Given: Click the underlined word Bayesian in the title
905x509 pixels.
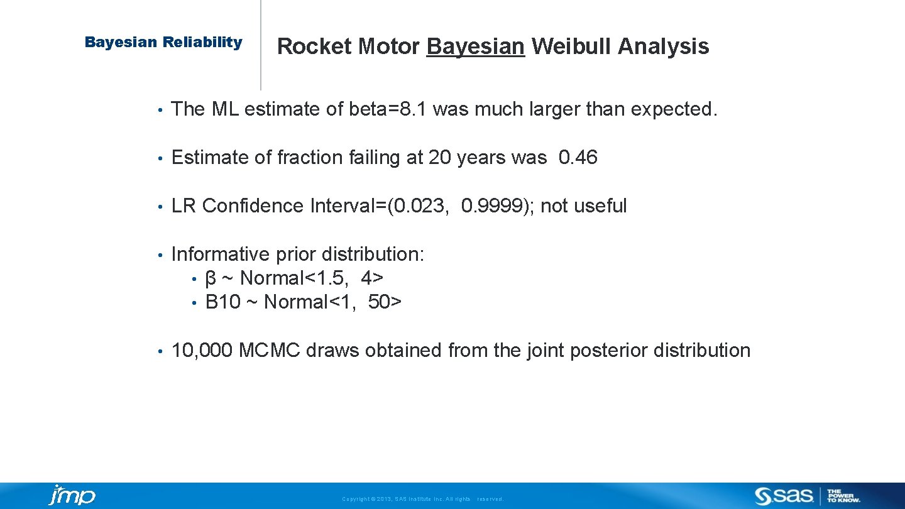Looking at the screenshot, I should tap(475, 47).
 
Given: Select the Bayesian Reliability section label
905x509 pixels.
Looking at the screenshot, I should tap(163, 43).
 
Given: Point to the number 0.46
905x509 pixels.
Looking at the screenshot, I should tap(578, 158).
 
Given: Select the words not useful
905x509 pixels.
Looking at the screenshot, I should tap(583, 206).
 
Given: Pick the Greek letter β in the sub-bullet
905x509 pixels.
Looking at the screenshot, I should tap(211, 278).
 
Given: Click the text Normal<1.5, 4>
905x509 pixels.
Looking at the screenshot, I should tap(312, 278).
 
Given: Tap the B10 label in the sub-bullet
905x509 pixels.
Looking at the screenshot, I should tap(222, 302).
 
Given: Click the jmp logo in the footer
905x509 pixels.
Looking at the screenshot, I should tap(72, 495).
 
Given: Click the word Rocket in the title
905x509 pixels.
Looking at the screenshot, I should tap(315, 47).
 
